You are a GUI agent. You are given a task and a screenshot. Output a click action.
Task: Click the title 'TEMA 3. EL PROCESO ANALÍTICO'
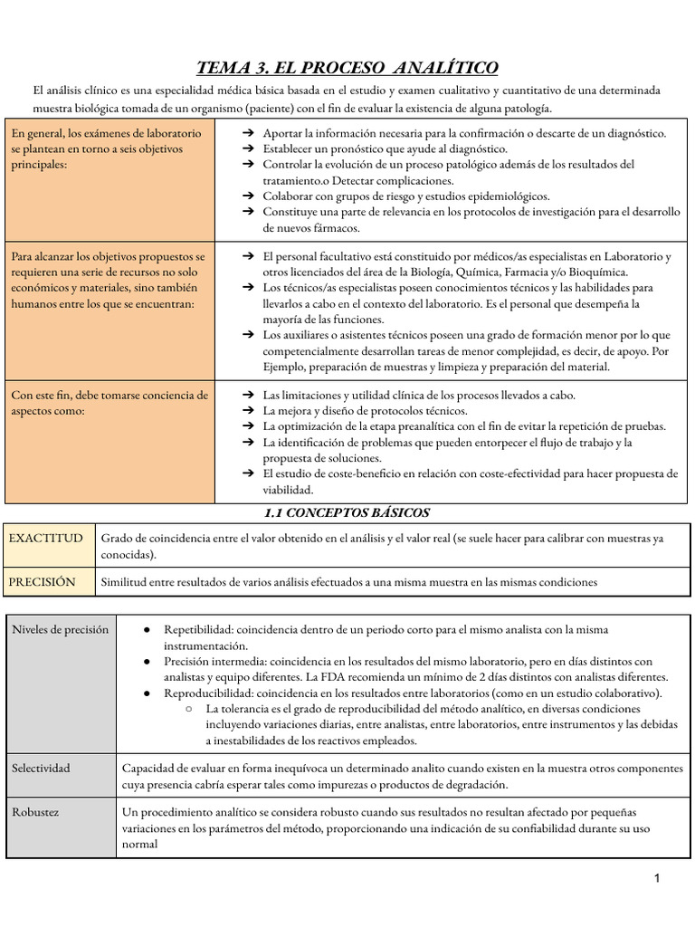tap(347, 68)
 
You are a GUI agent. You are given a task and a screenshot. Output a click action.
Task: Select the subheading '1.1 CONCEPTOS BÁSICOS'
tap(347, 512)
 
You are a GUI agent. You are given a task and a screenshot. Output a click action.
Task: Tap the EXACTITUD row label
tap(45, 538)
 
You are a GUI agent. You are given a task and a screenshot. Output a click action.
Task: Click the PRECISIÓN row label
tap(43, 582)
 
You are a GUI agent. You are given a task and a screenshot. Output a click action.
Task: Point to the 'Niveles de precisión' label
tap(60, 629)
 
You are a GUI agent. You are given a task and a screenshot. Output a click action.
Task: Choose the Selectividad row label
tap(41, 768)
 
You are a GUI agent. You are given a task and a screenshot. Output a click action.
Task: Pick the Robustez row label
tap(35, 812)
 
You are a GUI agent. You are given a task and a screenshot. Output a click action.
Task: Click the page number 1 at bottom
tap(658, 878)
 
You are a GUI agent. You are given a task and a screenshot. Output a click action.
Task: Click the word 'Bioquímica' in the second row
tap(595, 272)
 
